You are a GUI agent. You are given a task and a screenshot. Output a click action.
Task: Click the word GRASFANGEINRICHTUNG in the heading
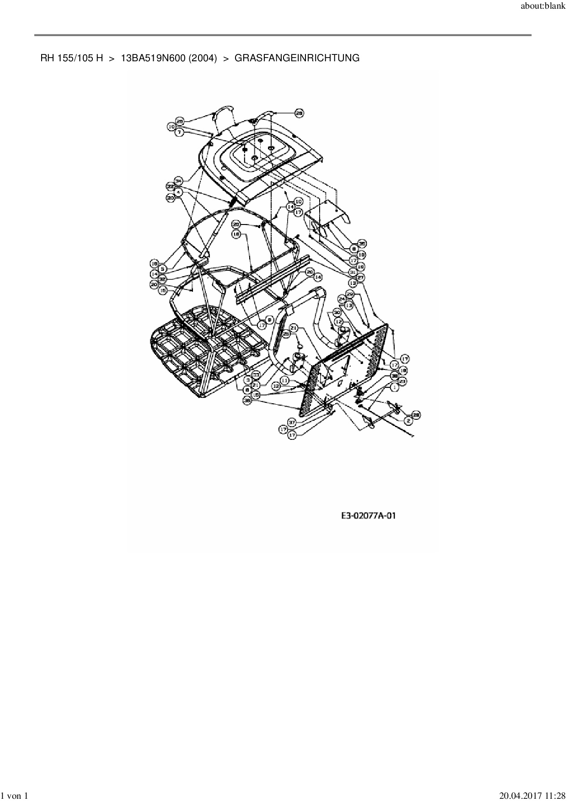(297, 58)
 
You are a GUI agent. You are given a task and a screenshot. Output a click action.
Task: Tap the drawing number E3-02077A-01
(369, 516)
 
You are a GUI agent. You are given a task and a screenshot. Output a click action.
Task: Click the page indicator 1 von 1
(16, 796)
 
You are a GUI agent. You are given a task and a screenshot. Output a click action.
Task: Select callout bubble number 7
(180, 132)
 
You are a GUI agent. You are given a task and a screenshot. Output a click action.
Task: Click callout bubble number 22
(171, 186)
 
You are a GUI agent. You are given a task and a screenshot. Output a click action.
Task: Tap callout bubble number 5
(162, 269)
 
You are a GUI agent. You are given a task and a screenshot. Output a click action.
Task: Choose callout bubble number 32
(162, 278)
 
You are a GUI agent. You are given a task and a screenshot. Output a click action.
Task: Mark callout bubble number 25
(287, 334)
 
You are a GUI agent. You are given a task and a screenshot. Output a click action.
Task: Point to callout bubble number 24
(342, 299)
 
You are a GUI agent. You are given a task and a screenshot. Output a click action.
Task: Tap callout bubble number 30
(337, 312)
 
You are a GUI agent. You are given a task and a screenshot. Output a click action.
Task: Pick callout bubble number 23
(402, 380)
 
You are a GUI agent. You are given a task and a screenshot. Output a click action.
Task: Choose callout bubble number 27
(360, 277)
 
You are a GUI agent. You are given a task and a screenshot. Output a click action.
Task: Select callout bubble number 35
(362, 243)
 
